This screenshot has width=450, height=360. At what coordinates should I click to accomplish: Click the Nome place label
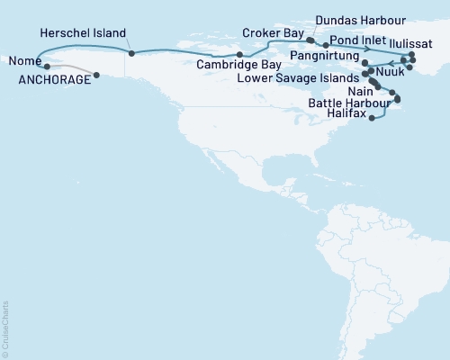pos(22,62)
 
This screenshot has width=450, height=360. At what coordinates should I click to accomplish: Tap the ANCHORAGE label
pos(55,80)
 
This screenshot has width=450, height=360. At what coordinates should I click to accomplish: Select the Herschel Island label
pos(83,32)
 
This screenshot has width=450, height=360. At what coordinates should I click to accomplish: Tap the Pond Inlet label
pos(360,41)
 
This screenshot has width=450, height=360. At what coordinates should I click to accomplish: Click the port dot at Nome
pos(47,67)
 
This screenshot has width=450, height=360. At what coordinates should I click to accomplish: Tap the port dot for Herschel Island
pos(130,53)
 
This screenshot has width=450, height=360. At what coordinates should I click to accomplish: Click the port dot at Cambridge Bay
pos(239,55)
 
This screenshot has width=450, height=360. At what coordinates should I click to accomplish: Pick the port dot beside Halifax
pos(372,118)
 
